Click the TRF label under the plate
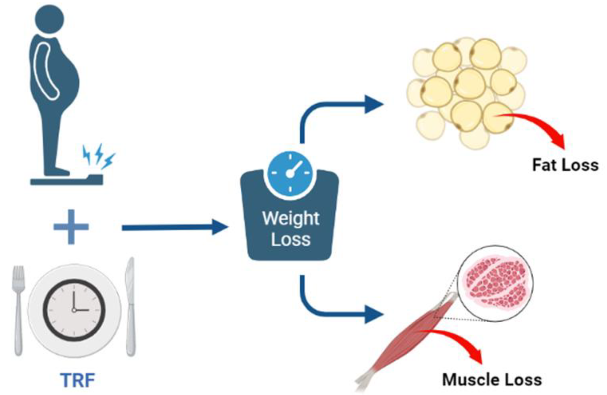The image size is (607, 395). pyautogui.click(x=78, y=380)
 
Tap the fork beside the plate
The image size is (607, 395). pyautogui.click(x=18, y=310)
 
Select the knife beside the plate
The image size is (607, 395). pyautogui.click(x=130, y=306)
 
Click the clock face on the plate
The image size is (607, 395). pyautogui.click(x=74, y=310)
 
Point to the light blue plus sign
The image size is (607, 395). pyautogui.click(x=71, y=227)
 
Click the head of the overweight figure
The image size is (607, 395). pyautogui.click(x=50, y=19)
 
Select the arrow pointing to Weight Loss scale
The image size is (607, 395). pyautogui.click(x=175, y=227)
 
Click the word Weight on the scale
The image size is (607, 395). pyautogui.click(x=291, y=219)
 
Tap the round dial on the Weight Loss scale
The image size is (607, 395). pyautogui.click(x=290, y=173)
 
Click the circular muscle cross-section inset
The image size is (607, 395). pyautogui.click(x=495, y=283)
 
